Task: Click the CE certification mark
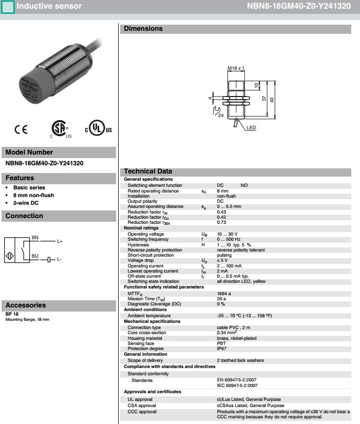click(21, 129)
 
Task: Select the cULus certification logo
click(98, 129)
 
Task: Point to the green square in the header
click(8, 7)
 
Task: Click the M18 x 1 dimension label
click(236, 68)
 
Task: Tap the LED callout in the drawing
click(251, 128)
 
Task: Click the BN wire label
click(35, 238)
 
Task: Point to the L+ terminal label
click(60, 241)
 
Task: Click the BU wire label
click(35, 255)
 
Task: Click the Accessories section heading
click(26, 305)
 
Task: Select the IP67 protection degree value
click(222, 349)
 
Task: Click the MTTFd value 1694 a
click(224, 293)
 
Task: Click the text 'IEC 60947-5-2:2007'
click(237, 386)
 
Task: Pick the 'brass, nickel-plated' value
click(236, 338)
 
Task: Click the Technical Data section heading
click(148, 171)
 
